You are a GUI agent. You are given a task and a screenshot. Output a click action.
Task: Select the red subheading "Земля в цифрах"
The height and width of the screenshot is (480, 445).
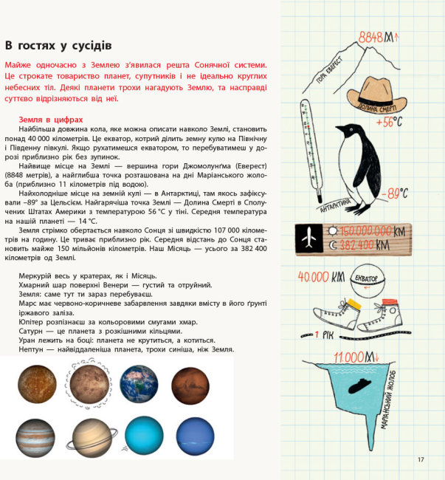tap(51, 119)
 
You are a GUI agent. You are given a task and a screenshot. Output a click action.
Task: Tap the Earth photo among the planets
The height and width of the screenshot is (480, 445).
tap(139, 384)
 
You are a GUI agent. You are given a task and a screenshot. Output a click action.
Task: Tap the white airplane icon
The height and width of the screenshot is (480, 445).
tap(310, 237)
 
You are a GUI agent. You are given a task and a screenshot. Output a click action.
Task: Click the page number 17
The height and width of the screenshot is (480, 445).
tap(421, 460)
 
